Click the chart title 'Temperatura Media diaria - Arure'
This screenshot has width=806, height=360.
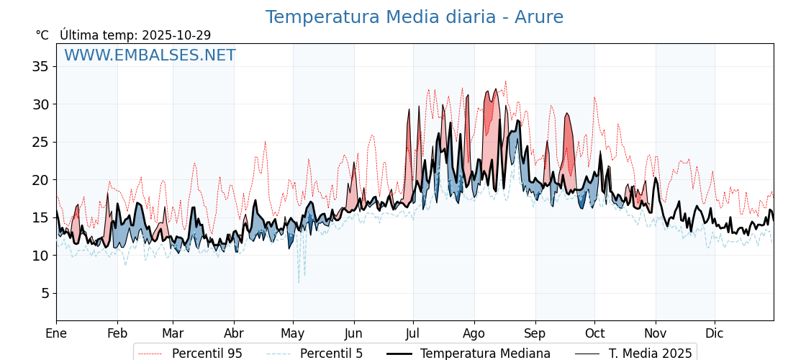[x=414, y=17]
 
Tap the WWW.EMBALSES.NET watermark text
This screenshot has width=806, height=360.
[x=150, y=55]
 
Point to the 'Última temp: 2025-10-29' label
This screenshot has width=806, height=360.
[x=135, y=35]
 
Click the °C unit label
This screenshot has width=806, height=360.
[x=42, y=35]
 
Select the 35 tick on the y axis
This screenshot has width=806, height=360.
[x=40, y=67]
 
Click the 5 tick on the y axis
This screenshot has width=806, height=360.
[x=45, y=293]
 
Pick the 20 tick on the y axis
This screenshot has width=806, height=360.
[x=40, y=180]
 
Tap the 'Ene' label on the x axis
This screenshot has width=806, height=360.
[x=56, y=333]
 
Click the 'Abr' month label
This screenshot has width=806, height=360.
[x=234, y=333]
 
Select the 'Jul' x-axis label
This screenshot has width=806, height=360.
[x=413, y=333]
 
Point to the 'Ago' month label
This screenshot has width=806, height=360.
[x=474, y=333]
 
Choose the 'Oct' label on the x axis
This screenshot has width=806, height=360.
[x=594, y=333]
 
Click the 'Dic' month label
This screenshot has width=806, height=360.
[x=715, y=333]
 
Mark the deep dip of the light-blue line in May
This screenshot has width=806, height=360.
[x=299, y=281]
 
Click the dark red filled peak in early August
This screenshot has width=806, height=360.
[x=489, y=108]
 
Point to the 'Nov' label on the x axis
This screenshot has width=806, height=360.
[x=656, y=333]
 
